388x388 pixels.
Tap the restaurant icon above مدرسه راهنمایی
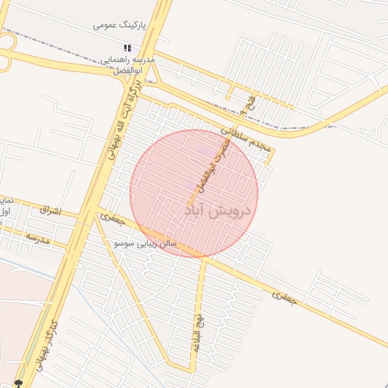(127, 48)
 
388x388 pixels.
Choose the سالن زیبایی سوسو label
(145, 243)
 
